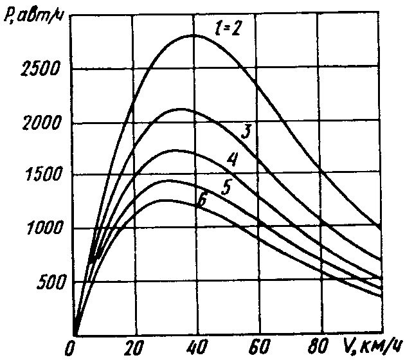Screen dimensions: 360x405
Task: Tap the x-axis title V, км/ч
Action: pos(369,348)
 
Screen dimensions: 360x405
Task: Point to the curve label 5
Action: pos(226,188)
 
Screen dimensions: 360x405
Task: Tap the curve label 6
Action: pos(201,201)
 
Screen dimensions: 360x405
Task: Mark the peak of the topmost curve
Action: pos(193,35)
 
